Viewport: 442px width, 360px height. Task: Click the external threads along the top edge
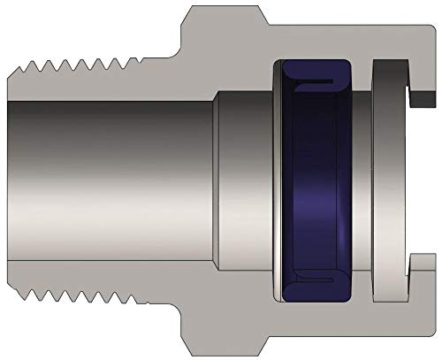click(x=80, y=63)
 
